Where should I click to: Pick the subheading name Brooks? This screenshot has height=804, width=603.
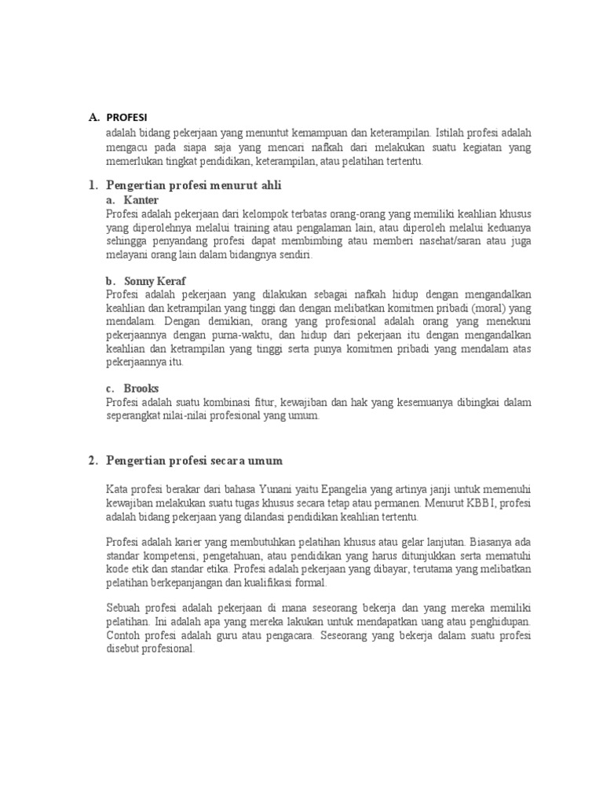tap(141, 388)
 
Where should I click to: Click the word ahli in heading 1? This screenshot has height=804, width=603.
tap(268, 185)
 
